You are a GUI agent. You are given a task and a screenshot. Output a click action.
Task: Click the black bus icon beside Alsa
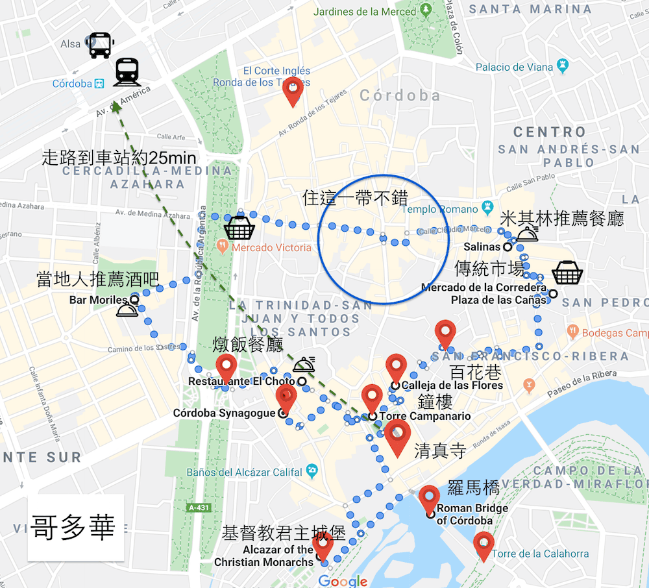pyautogui.click(x=101, y=45)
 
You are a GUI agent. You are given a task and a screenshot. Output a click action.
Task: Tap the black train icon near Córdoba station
pyautogui.click(x=127, y=72)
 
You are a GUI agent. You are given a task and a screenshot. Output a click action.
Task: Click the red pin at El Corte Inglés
pyautogui.click(x=293, y=92)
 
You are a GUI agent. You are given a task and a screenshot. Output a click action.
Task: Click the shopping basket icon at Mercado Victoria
pyautogui.click(x=238, y=228)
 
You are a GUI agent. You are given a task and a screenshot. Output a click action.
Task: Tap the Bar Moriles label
pyautogui.click(x=99, y=300)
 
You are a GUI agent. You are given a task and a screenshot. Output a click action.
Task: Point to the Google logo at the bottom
pyautogui.click(x=343, y=581)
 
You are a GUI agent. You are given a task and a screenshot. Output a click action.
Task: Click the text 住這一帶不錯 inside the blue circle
pyautogui.click(x=359, y=197)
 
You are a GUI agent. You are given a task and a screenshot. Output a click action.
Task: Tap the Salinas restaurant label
pyautogui.click(x=482, y=247)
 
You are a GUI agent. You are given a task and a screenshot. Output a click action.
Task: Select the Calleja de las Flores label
pyautogui.click(x=452, y=385)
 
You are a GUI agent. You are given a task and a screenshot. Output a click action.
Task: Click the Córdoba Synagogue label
pyautogui.click(x=225, y=413)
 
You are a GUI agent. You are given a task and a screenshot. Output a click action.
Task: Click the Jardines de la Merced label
pyautogui.click(x=364, y=12)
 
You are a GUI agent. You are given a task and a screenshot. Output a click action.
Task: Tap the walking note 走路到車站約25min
pyautogui.click(x=119, y=158)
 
